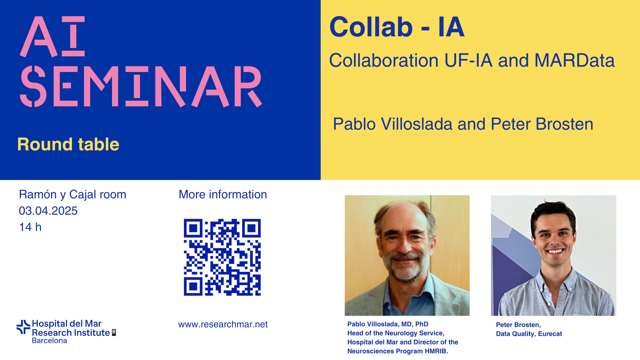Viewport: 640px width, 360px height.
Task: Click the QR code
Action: click(222, 257)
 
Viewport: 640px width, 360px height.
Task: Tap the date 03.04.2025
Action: click(48, 211)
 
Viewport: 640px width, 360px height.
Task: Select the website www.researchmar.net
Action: click(223, 324)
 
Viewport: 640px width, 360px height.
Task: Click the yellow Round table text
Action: click(68, 144)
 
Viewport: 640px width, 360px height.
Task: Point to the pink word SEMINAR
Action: click(141, 86)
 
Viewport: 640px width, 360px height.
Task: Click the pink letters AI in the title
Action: click(52, 36)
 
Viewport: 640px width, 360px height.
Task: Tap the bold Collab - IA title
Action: click(397, 27)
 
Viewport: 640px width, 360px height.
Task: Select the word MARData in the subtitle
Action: click(574, 60)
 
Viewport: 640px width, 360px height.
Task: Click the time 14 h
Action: click(30, 227)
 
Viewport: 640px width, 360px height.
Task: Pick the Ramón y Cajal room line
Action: click(73, 195)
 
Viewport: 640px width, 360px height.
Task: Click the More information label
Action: click(223, 194)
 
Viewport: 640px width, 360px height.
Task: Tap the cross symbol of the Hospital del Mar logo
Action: click(23, 327)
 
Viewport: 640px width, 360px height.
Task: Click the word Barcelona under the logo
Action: click(49, 341)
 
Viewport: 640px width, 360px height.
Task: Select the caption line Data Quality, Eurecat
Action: click(529, 334)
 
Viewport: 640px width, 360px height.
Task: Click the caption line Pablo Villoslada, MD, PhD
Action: click(388, 324)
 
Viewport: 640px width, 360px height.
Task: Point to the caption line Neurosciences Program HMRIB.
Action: click(398, 351)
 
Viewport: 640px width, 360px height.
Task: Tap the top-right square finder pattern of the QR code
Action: click(251, 228)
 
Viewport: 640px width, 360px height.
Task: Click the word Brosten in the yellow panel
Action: click(564, 124)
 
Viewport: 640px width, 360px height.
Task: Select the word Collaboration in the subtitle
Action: click(384, 60)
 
